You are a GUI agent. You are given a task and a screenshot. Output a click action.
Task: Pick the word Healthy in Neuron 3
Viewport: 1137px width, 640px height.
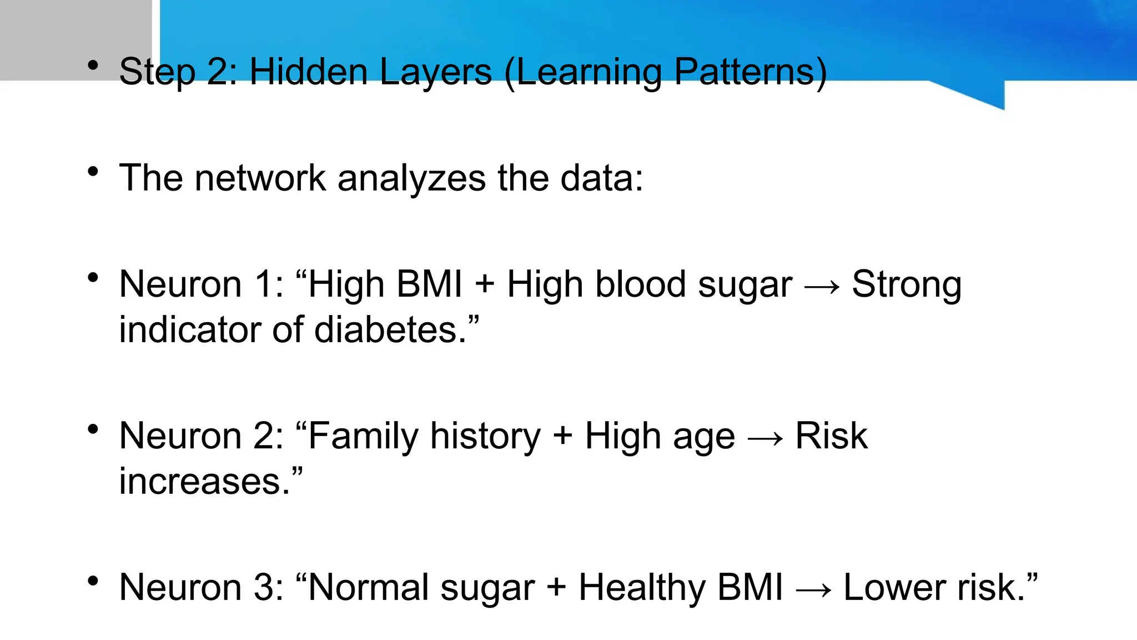642,587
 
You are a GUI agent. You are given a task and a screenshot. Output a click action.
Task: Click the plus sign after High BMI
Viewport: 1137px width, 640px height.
485,285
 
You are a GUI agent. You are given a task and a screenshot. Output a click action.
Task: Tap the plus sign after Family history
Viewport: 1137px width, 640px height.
562,436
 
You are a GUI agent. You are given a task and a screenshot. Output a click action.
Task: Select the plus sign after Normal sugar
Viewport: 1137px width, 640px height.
556,588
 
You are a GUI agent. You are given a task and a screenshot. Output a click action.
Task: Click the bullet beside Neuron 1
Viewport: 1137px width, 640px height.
93,277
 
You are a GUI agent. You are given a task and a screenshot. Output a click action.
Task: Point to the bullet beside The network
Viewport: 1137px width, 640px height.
93,171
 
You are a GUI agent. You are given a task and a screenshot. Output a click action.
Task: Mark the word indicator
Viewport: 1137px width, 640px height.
189,329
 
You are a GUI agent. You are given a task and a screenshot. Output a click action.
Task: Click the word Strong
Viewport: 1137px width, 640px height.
907,285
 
